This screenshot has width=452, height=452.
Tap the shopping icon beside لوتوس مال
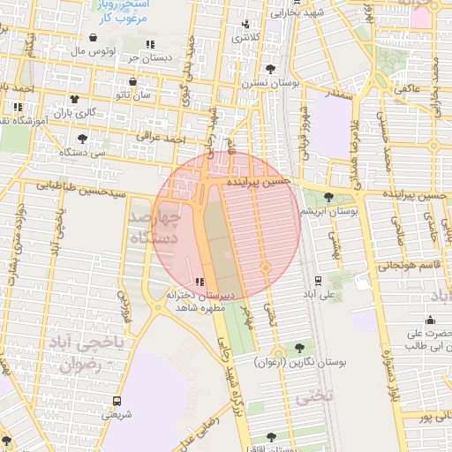pyautogui.click(x=94, y=38)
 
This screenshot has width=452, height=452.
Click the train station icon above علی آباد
pyautogui.click(x=318, y=281)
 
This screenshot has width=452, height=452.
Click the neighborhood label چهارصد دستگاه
pyautogui.click(x=155, y=228)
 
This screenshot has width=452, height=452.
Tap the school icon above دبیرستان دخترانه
pyautogui.click(x=199, y=282)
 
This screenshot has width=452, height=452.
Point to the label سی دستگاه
pyautogui.click(x=82, y=152)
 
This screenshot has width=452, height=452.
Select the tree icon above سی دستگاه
pyautogui.click(x=83, y=138)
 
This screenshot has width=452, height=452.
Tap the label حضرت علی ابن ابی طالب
pyautogui.click(x=429, y=340)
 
